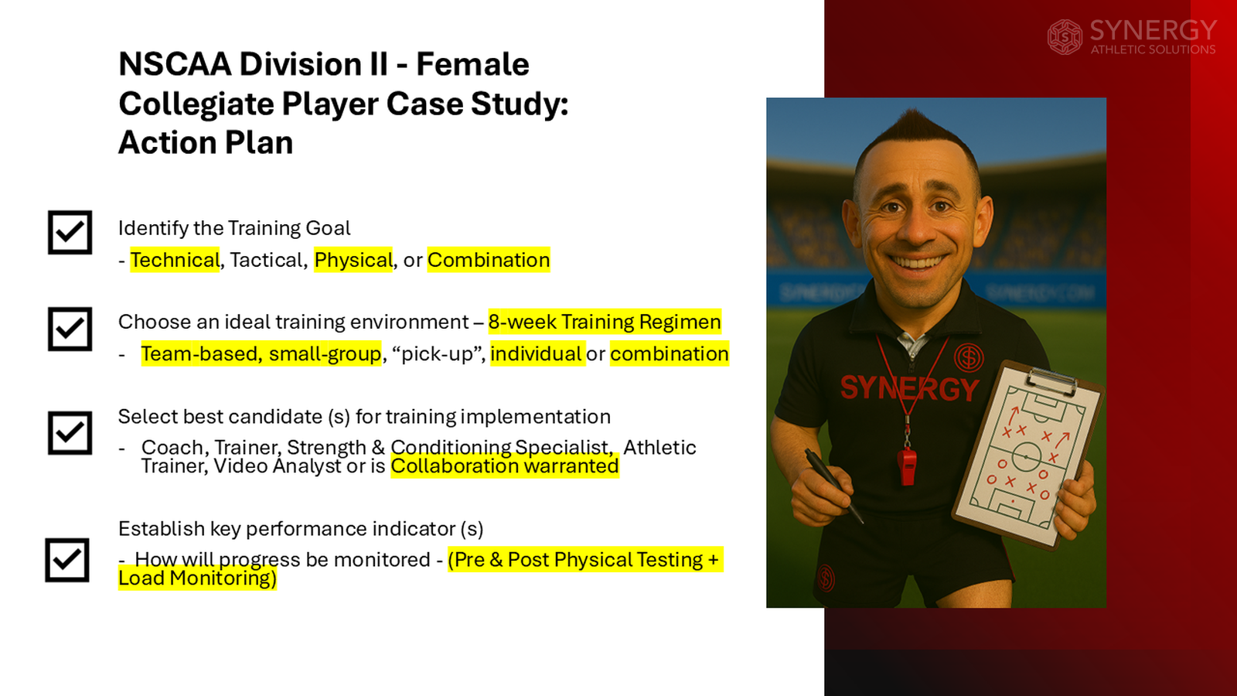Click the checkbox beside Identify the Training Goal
[70, 232]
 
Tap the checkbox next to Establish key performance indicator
[67, 560]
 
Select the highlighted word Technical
[175, 260]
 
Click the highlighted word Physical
[353, 260]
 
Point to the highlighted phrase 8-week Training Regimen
[604, 322]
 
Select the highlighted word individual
[536, 354]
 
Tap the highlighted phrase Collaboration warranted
[504, 466]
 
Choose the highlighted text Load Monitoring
[197, 578]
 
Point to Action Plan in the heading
[206, 143]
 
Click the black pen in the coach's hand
[832, 484]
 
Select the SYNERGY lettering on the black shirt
[908, 387]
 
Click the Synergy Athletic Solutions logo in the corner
[1132, 36]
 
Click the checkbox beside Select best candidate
[70, 432]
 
